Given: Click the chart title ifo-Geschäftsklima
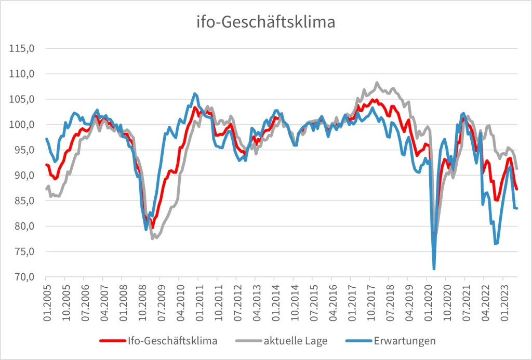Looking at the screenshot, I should click(265, 22).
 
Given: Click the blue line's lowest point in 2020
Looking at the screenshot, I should click(434, 269).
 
